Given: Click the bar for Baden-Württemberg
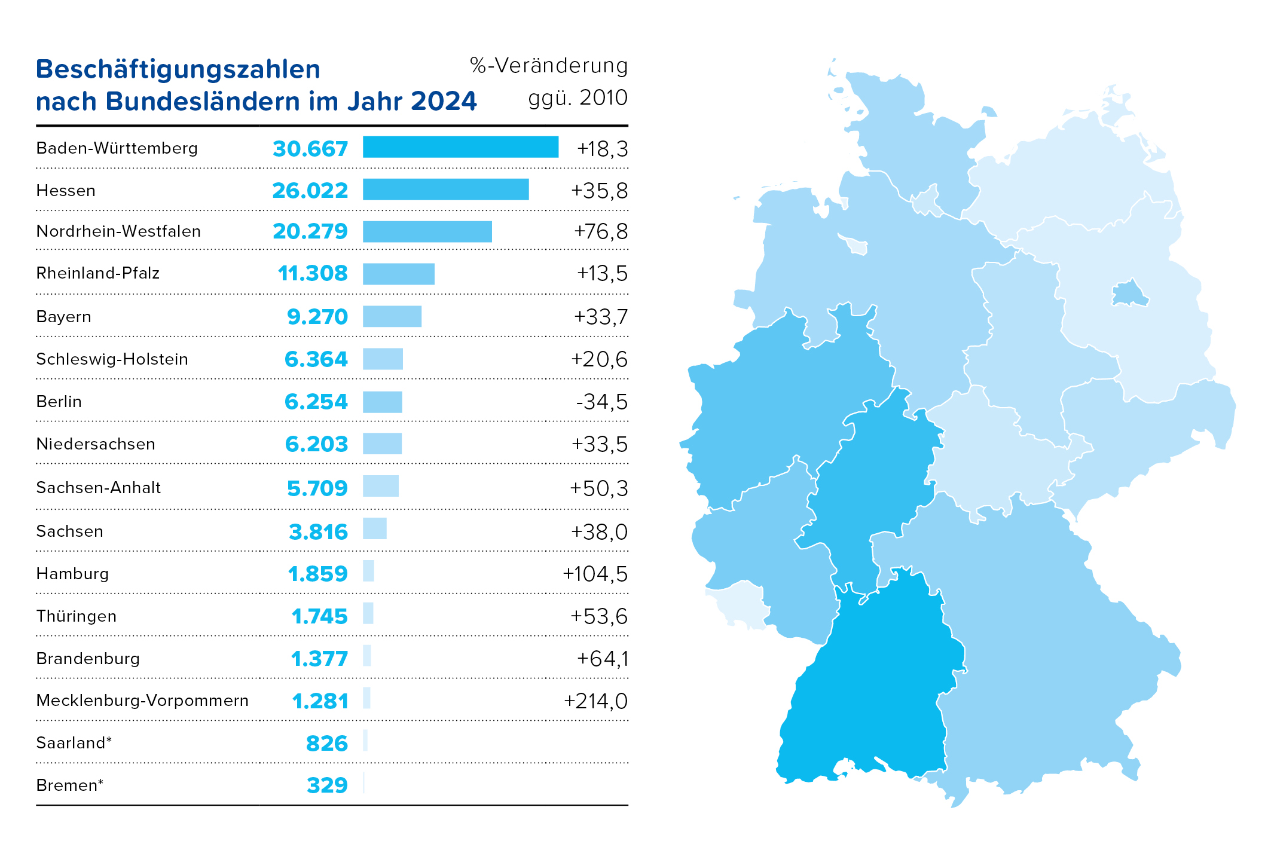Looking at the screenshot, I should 460,147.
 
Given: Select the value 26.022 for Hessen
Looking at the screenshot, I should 310,191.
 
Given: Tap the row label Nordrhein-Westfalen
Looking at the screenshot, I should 118,231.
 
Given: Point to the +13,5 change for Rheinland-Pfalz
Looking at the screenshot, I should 602,273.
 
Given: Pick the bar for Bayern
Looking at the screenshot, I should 392,316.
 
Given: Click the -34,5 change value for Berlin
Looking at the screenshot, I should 601,402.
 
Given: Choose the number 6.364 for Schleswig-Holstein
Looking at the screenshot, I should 316,359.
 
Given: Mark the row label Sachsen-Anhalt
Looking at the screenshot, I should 99,488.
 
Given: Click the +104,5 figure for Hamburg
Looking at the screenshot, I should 595,574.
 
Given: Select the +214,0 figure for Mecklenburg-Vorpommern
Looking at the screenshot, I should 595,701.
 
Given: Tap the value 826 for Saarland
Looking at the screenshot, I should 326,743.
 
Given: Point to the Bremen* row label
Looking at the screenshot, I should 69,785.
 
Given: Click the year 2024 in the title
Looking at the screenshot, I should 444,101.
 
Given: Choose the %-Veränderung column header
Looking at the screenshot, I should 549,66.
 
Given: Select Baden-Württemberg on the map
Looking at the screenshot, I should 867,687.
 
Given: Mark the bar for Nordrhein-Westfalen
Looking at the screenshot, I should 427,231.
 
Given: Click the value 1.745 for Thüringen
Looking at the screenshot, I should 319,616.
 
